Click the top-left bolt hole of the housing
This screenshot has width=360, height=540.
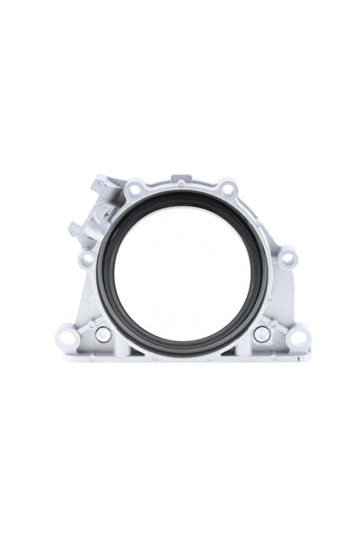click(x=135, y=190)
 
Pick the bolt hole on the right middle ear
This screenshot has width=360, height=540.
click(x=285, y=259)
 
